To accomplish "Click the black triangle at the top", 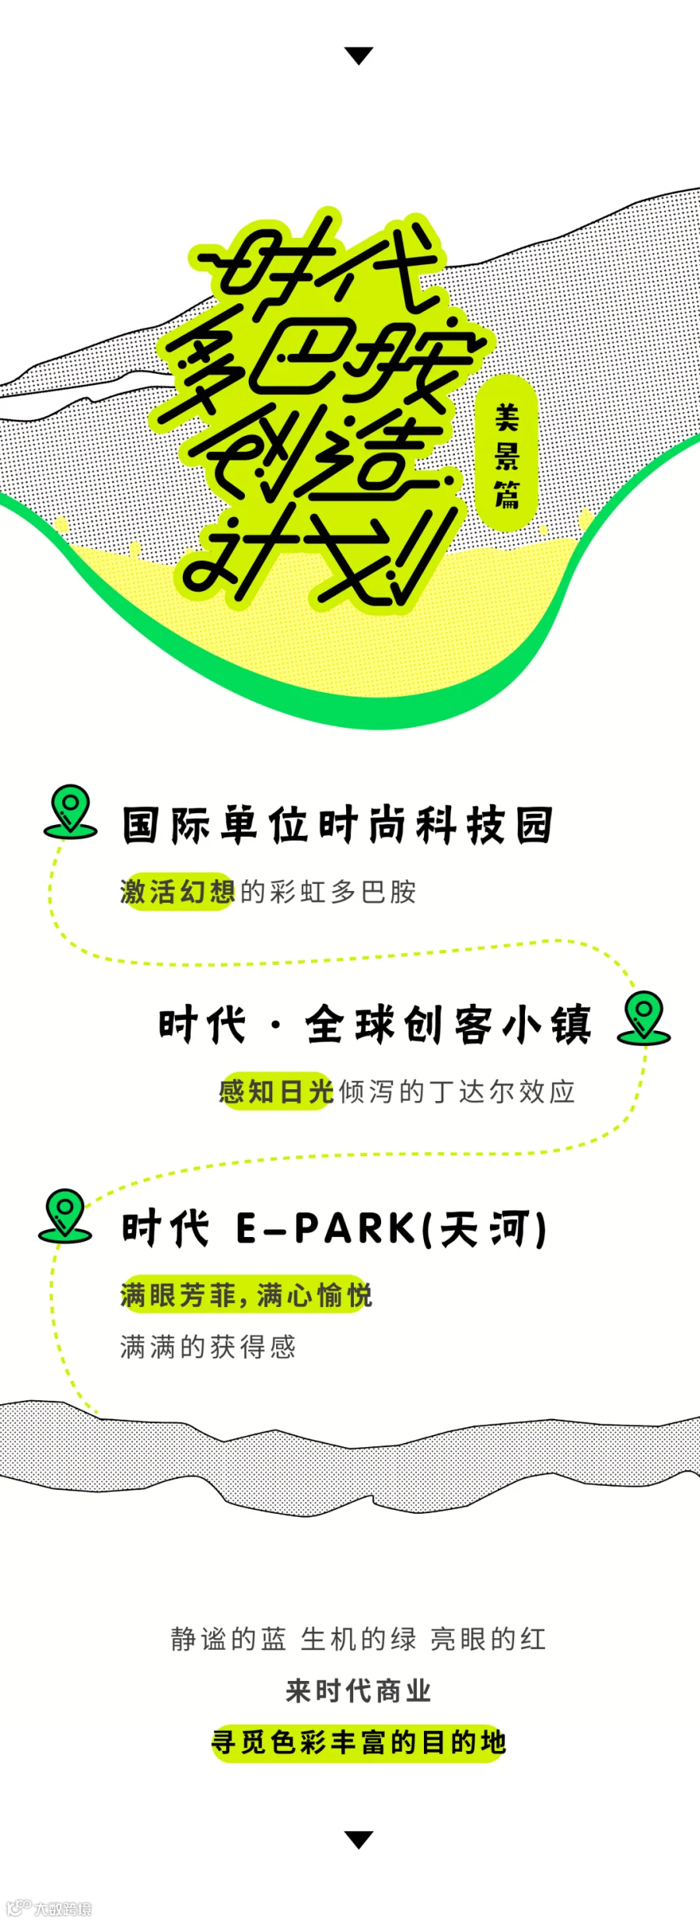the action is click(x=359, y=55).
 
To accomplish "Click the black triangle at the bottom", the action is click(x=359, y=1839).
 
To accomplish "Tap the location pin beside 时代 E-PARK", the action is click(x=65, y=1214).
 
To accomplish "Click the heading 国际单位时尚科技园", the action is click(x=337, y=825).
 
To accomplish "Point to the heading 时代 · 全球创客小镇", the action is click(x=375, y=1024).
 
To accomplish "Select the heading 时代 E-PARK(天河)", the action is click(x=334, y=1229).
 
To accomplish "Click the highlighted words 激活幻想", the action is click(x=177, y=892).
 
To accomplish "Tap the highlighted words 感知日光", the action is click(x=276, y=1092).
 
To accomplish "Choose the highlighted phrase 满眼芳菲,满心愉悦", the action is click(x=246, y=1295).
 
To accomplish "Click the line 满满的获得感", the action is click(x=208, y=1347).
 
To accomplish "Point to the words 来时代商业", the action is click(x=358, y=1690).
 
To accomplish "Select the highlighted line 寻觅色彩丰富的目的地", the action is click(x=359, y=1742).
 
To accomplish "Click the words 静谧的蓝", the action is click(x=228, y=1639).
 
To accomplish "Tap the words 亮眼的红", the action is click(x=488, y=1639).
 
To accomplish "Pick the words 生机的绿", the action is click(x=358, y=1639).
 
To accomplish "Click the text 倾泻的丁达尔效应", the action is click(x=457, y=1092).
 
